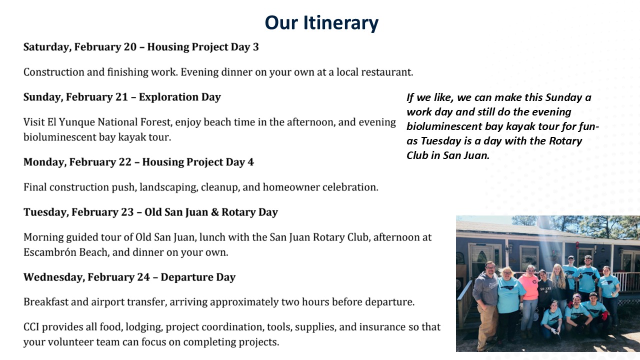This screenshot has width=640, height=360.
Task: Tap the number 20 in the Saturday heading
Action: tap(130, 47)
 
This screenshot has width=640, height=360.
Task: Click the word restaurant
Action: tap(387, 72)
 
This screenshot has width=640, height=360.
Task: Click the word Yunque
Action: tap(76, 122)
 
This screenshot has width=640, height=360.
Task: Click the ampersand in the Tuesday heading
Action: tap(214, 212)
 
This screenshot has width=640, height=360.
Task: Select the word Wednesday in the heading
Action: tap(54, 277)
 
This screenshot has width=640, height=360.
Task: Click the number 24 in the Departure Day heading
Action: tap(143, 277)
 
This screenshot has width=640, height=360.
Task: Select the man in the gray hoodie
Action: tap(486, 304)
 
